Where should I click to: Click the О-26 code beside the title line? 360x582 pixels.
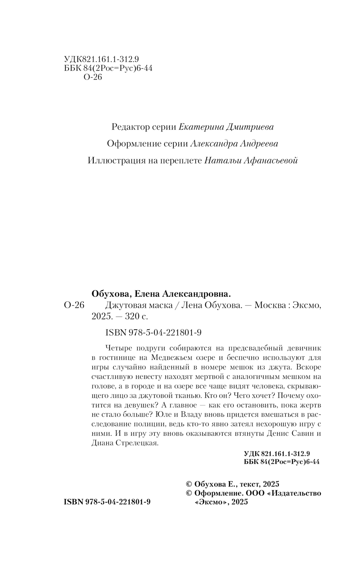coord(74,305)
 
